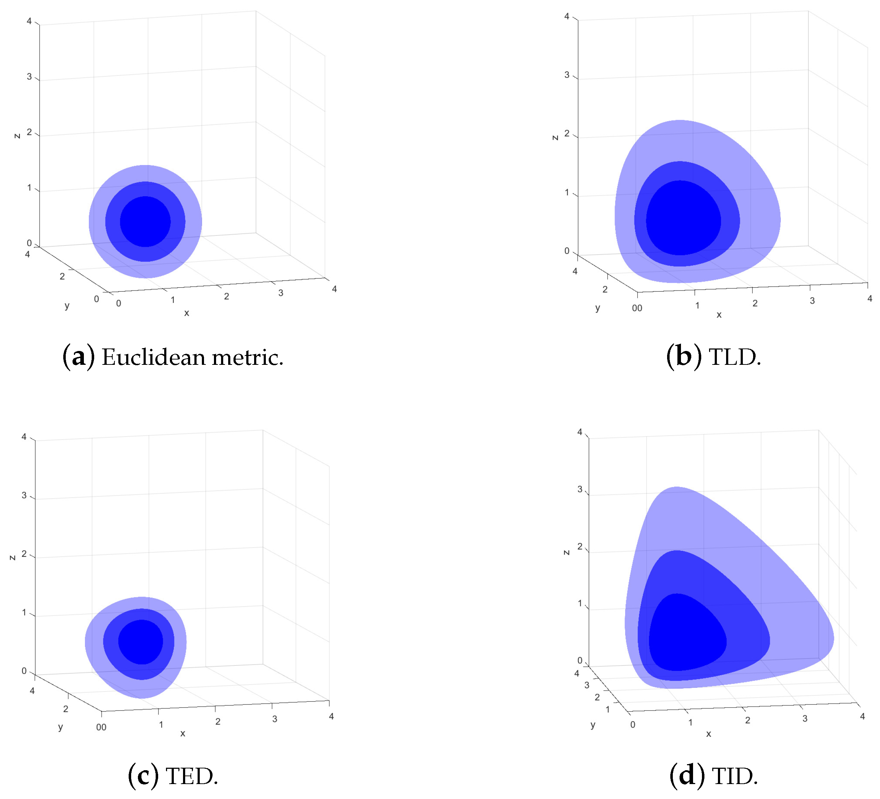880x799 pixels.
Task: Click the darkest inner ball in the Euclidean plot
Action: click(145, 222)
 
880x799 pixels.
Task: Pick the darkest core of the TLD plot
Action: click(683, 218)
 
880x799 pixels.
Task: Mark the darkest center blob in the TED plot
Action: click(140, 641)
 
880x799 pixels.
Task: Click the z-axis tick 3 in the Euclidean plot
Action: click(29, 77)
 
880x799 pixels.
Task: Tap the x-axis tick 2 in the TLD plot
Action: click(755, 303)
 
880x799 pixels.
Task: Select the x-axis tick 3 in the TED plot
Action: click(275, 719)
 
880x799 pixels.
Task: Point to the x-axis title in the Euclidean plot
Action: click(186, 313)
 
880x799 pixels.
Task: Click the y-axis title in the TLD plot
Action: click(597, 308)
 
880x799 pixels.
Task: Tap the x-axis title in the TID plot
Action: click(708, 734)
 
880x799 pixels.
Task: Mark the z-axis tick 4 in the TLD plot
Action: click(567, 17)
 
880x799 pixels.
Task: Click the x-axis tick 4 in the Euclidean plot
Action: click(334, 289)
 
